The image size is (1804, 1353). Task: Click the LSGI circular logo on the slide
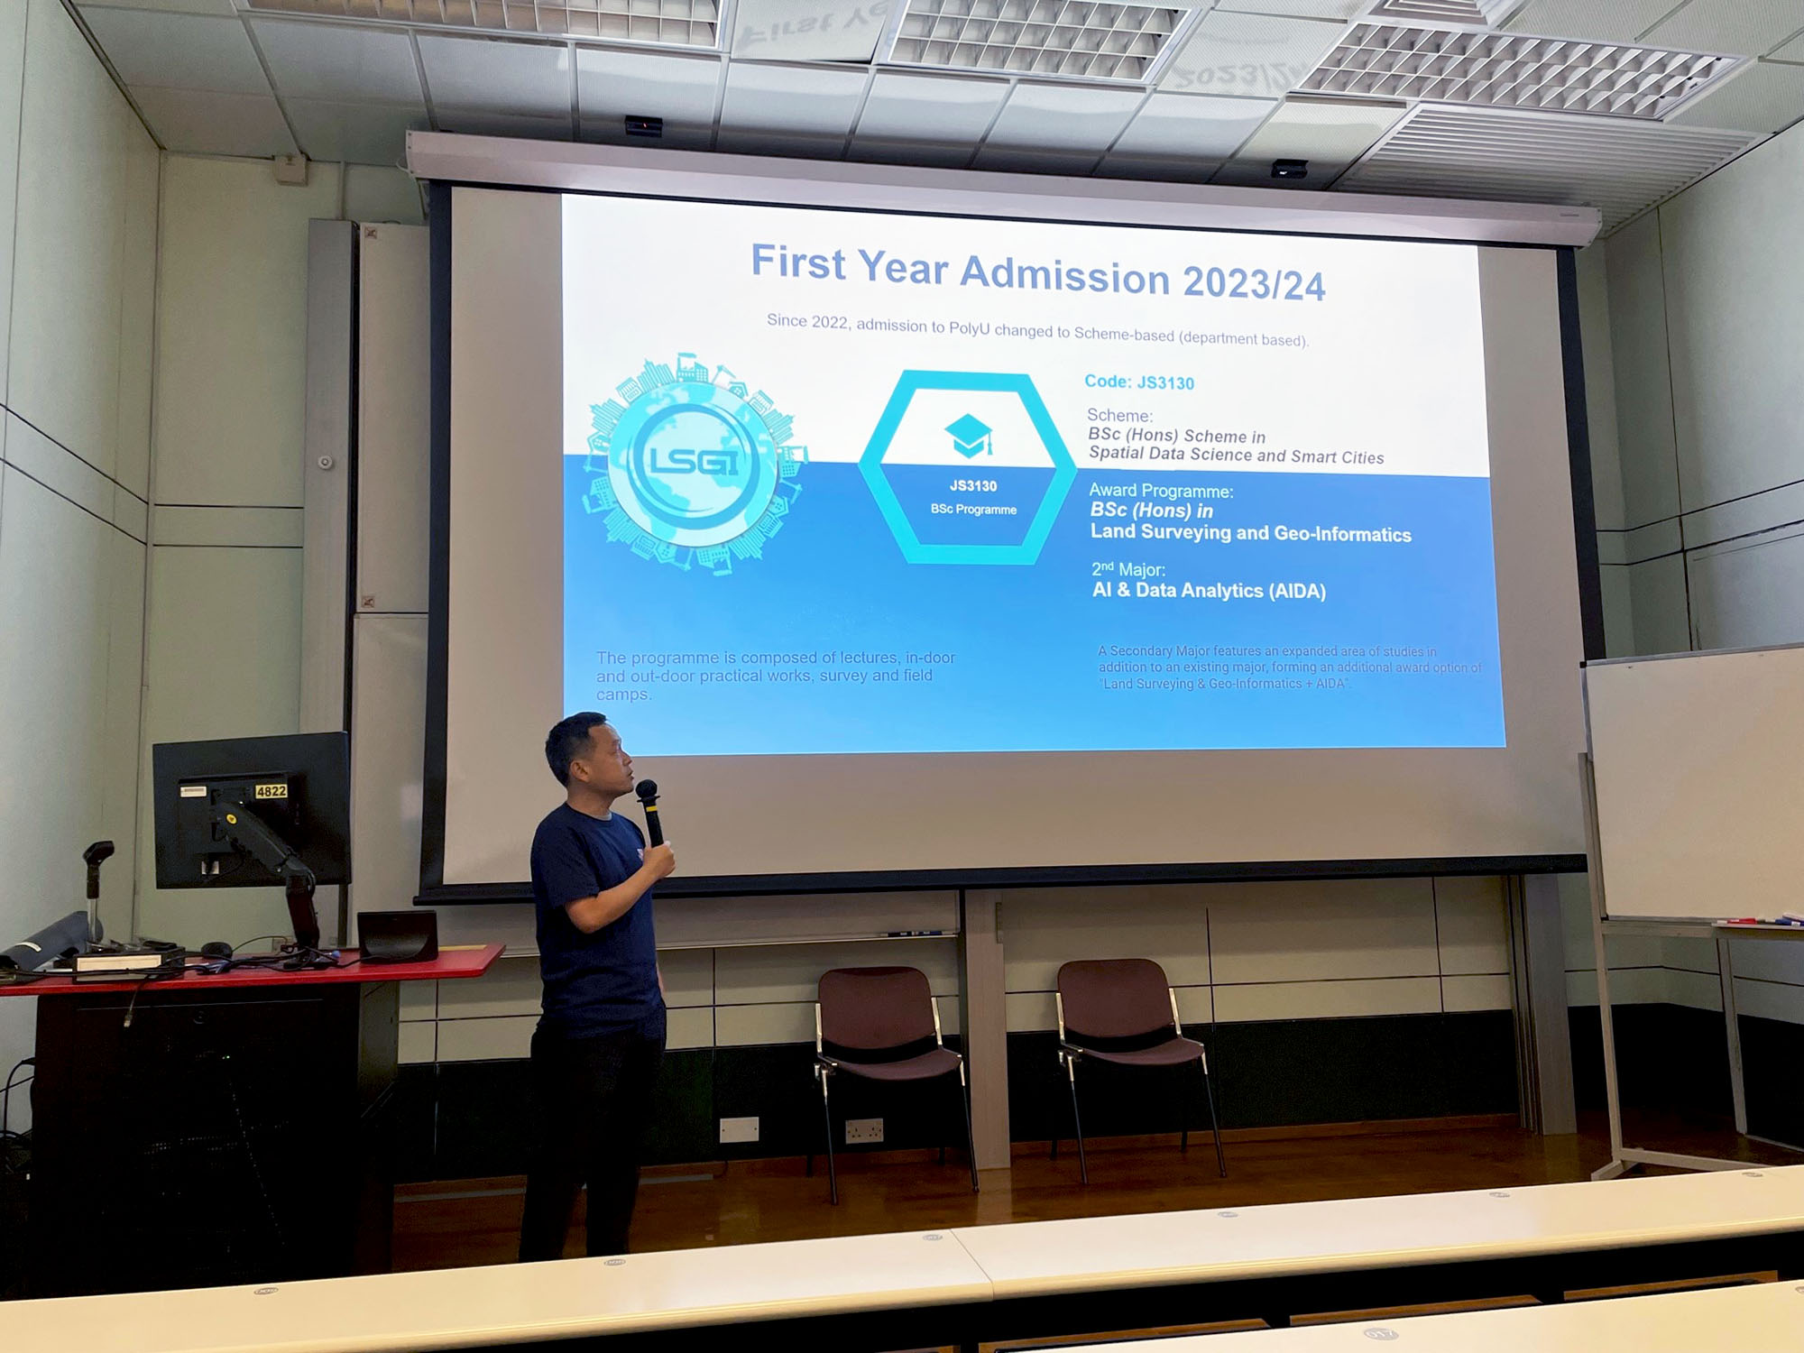click(x=693, y=463)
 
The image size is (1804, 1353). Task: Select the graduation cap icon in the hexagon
click(x=969, y=435)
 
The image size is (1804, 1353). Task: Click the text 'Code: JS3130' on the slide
click(x=1138, y=382)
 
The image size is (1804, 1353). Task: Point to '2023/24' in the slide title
click(x=1254, y=283)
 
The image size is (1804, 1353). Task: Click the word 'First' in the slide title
click(x=798, y=262)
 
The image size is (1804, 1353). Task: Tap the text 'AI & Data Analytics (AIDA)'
click(x=1209, y=591)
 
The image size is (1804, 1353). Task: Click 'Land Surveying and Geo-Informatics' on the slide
click(x=1250, y=533)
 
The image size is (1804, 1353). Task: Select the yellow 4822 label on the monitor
click(x=271, y=791)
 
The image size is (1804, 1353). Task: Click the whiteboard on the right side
click(x=1696, y=785)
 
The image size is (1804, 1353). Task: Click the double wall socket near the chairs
click(x=863, y=1130)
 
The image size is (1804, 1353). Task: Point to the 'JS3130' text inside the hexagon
click(x=973, y=486)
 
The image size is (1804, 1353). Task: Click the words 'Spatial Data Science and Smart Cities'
click(x=1236, y=456)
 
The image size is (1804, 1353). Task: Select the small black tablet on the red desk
click(x=398, y=935)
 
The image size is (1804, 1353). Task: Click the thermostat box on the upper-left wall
click(x=291, y=169)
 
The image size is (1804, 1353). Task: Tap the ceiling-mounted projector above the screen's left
click(x=643, y=126)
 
